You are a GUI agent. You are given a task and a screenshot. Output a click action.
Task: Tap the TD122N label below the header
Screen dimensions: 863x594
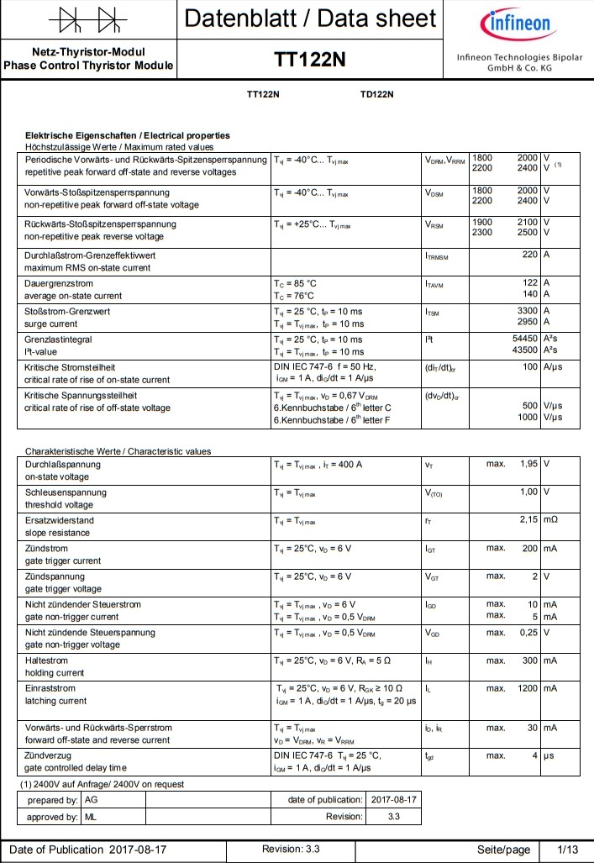click(376, 94)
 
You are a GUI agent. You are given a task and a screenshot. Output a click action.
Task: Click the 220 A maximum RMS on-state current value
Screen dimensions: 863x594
click(529, 255)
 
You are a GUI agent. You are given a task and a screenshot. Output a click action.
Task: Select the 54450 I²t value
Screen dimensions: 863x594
click(523, 339)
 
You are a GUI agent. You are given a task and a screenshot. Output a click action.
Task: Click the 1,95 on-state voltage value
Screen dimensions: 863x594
click(528, 464)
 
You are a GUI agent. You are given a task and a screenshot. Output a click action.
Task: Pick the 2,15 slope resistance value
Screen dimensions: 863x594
click(528, 520)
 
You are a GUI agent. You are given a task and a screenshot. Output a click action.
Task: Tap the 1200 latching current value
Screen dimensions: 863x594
click(524, 688)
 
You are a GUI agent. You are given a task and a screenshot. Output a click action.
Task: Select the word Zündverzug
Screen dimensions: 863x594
click(50, 756)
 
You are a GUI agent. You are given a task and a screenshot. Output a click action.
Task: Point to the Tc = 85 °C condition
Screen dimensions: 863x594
click(295, 283)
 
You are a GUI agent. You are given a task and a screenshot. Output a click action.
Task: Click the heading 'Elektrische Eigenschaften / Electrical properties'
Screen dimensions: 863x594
click(128, 135)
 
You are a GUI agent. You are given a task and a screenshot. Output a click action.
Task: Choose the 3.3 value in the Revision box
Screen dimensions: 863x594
click(393, 816)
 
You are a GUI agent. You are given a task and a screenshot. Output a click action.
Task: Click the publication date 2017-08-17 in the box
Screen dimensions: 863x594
click(393, 799)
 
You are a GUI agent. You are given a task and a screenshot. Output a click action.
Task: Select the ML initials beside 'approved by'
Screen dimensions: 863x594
click(91, 816)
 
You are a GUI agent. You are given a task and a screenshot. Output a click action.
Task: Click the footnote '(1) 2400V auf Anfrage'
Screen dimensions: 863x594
click(102, 784)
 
